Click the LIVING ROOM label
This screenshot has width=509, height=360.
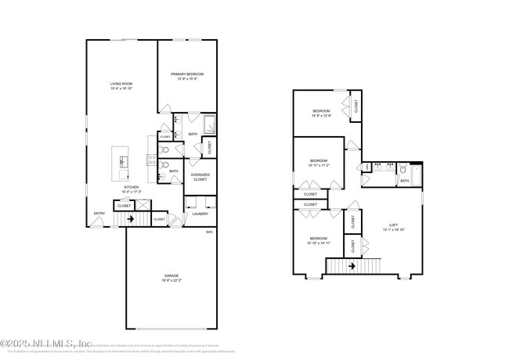pyautogui.click(x=121, y=86)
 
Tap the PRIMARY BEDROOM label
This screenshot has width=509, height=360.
pyautogui.click(x=188, y=76)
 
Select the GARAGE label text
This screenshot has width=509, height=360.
pyautogui.click(x=171, y=277)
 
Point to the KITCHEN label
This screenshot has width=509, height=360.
pyautogui.click(x=130, y=189)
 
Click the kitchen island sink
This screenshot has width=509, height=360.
pyautogui.click(x=124, y=161)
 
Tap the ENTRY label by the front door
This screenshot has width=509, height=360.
pyautogui.click(x=99, y=214)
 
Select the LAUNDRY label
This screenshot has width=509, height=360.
pyautogui.click(x=200, y=213)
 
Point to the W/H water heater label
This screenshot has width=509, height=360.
pyautogui.click(x=209, y=232)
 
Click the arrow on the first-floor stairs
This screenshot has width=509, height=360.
pyautogui.click(x=131, y=220)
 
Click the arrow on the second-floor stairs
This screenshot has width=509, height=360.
pyautogui.click(x=352, y=266)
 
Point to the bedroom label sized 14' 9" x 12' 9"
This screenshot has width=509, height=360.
pyautogui.click(x=321, y=113)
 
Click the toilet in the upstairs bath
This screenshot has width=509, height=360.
pyautogui.click(x=402, y=169)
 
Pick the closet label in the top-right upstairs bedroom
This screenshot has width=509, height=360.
pyautogui.click(x=356, y=108)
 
